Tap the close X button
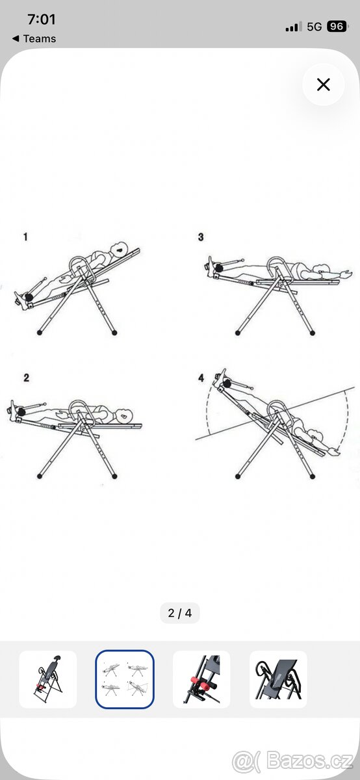pyautogui.click(x=323, y=84)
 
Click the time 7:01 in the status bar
pyautogui.click(x=42, y=19)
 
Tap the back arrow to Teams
pyautogui.click(x=16, y=38)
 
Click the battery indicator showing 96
pyautogui.click(x=337, y=27)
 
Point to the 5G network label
pyautogui.click(x=314, y=27)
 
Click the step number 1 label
pyautogui.click(x=25, y=237)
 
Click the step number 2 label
pyautogui.click(x=26, y=378)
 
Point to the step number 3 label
pyautogui.click(x=201, y=237)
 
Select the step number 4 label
pyautogui.click(x=201, y=378)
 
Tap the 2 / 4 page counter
pyautogui.click(x=179, y=613)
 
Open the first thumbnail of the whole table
pyautogui.click(x=47, y=679)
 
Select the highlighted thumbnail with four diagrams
pyautogui.click(x=125, y=679)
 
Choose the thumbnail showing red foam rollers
pyautogui.click(x=201, y=679)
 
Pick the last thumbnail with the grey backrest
pyautogui.click(x=279, y=679)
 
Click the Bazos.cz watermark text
pyautogui.click(x=310, y=761)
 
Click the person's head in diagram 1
pyautogui.click(x=120, y=249)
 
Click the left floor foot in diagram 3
pyautogui.click(x=238, y=333)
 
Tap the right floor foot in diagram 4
pyautogui.click(x=313, y=476)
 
